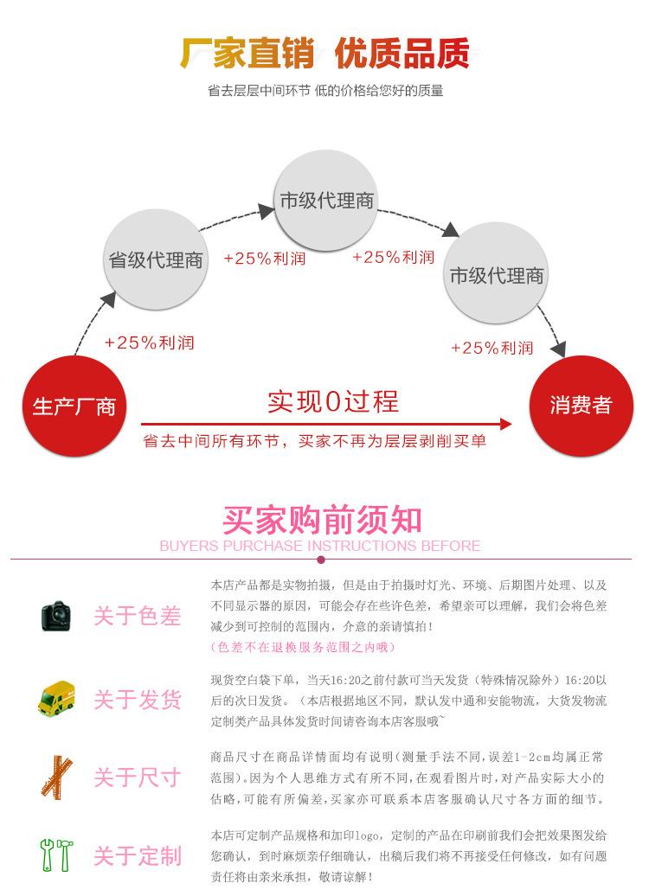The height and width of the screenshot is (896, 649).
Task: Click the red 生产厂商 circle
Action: point(73,405)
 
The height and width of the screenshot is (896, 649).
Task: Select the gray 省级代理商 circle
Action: point(156,259)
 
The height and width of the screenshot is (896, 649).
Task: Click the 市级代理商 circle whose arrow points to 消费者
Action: point(497,276)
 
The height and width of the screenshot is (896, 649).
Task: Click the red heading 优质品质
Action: point(402,54)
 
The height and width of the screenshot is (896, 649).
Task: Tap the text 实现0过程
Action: point(332,401)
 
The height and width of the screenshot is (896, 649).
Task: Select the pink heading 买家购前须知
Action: point(322,520)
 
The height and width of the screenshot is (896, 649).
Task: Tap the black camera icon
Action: point(56,615)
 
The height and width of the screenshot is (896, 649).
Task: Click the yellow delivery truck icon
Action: point(56,698)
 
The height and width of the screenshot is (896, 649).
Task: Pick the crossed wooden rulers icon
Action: point(56,776)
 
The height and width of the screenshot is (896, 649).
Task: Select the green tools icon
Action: point(56,854)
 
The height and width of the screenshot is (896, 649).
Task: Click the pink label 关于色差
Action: point(138,616)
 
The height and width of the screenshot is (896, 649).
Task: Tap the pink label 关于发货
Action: point(138,699)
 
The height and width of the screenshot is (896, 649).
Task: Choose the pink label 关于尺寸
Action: point(138,777)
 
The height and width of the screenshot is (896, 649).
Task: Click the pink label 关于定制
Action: point(138,855)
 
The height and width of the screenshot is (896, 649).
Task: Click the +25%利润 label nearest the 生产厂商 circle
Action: point(149,342)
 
